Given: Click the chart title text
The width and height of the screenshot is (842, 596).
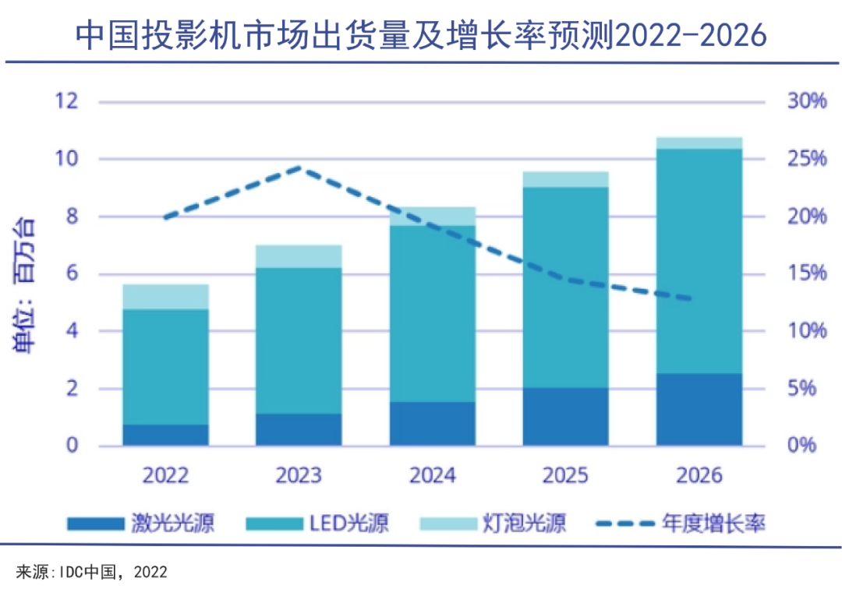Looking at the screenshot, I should pos(421,34).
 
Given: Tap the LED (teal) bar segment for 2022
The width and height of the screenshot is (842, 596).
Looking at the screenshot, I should pos(165,366).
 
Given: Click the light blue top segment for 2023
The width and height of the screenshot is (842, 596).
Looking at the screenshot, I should pos(299,256).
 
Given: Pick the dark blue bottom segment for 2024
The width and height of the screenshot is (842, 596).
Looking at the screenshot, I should pos(432,424).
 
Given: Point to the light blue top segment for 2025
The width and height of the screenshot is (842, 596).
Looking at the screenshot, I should pos(565,179).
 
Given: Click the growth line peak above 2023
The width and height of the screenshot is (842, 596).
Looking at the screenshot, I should pos(299,168).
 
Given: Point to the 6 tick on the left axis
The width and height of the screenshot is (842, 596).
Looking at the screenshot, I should pos(71,273).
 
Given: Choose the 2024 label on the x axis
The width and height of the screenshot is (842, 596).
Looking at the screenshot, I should pos(433,474).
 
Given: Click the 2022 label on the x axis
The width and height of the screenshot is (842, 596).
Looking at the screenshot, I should pos(165,474).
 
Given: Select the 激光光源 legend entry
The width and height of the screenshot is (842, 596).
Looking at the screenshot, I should pos(140,523).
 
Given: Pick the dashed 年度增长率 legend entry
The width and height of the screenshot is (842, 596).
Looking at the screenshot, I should pos(679,523).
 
